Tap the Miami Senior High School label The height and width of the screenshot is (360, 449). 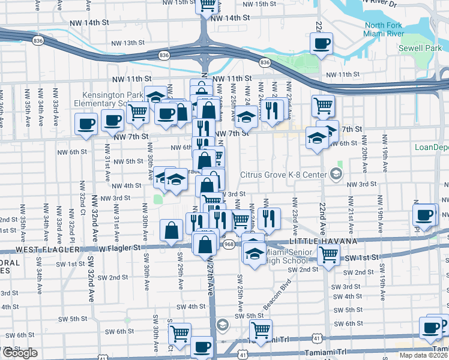tap(291, 256)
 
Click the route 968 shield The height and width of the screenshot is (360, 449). tap(229, 244)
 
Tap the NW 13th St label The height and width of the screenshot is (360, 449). tap(128, 43)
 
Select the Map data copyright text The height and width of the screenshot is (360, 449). tap(423, 355)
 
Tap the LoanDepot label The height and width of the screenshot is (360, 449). tap(432, 147)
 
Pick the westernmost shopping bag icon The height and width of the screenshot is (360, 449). tap(172, 231)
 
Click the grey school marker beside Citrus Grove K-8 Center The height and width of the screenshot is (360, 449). tap(336, 175)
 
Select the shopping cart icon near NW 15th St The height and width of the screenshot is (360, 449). tap(206, 5)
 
